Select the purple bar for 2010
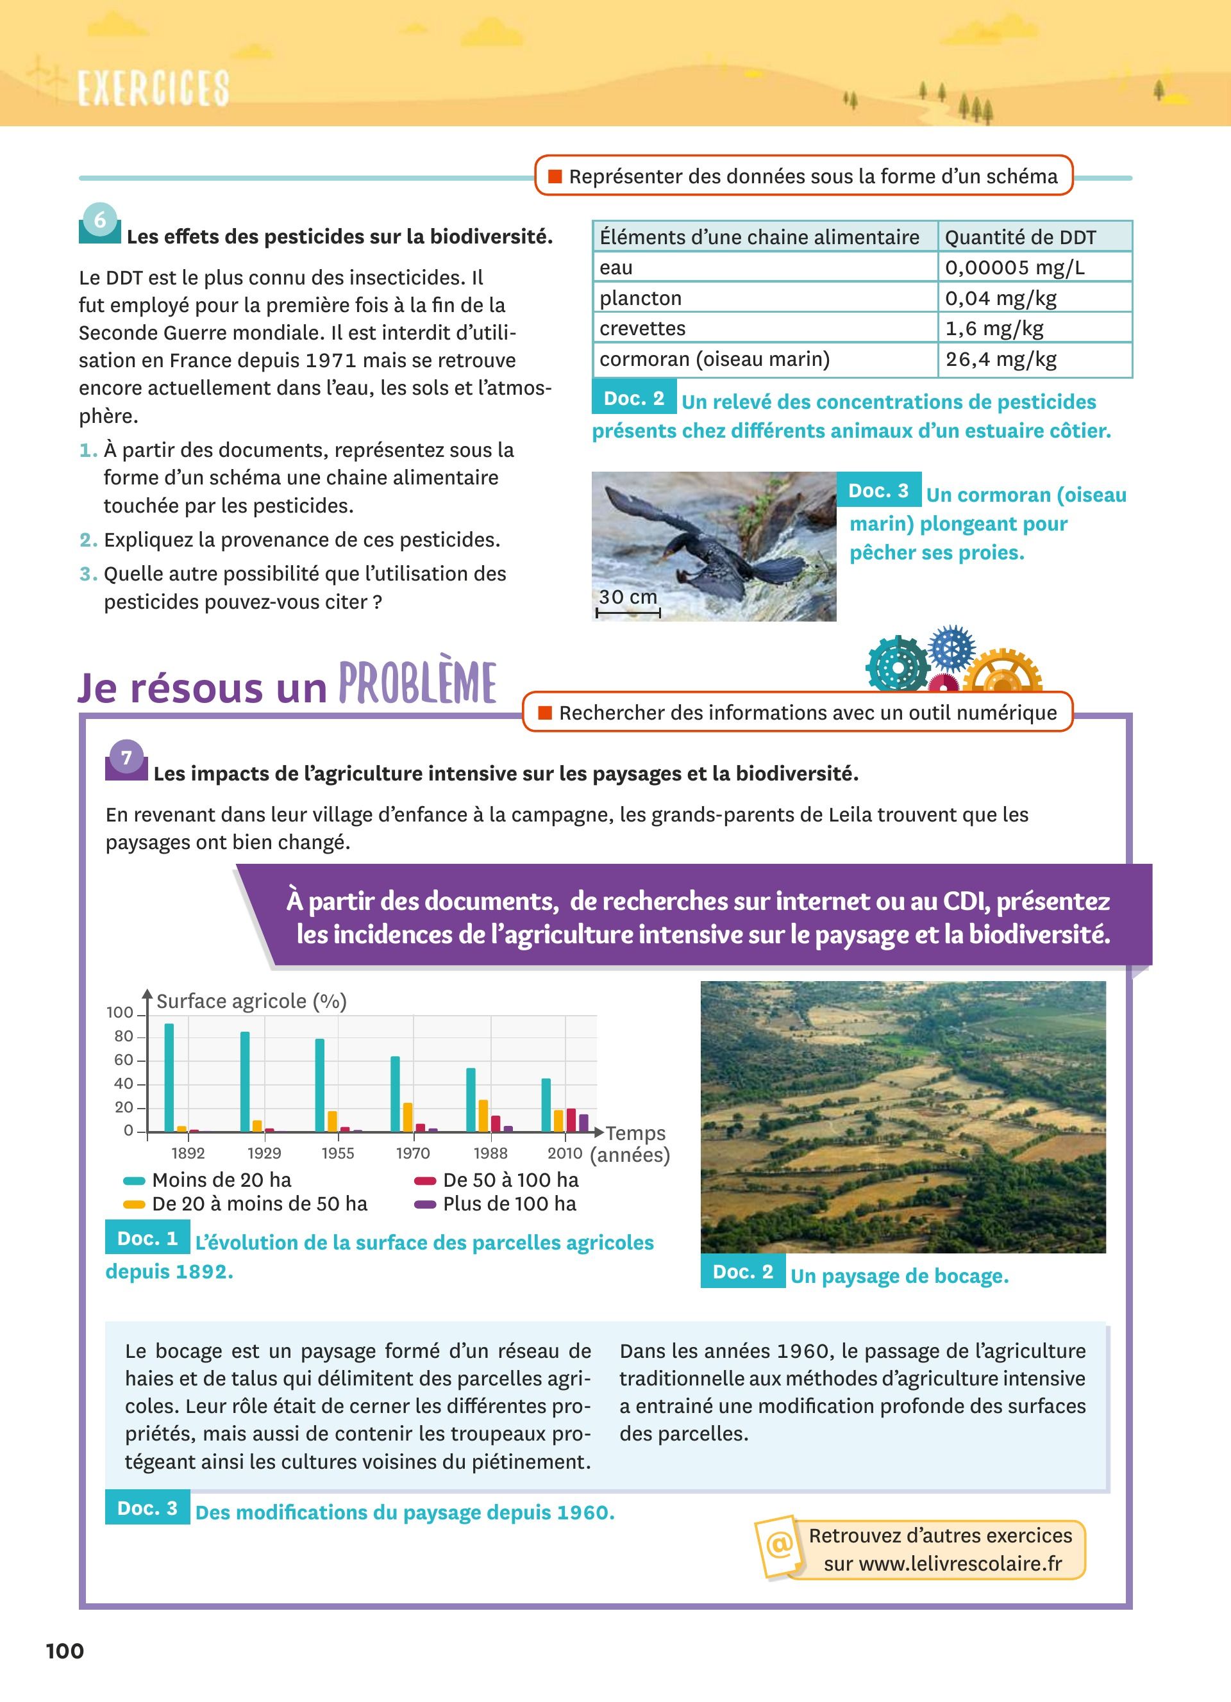click(583, 1123)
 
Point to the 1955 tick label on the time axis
click(338, 1153)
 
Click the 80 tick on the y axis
click(124, 1036)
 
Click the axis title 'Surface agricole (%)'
click(251, 1001)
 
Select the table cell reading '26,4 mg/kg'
click(1001, 359)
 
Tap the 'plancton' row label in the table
click(641, 298)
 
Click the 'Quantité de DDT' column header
click(1020, 237)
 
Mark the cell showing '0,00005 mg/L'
click(1014, 268)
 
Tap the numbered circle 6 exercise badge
click(100, 220)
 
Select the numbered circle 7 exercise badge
click(126, 758)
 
